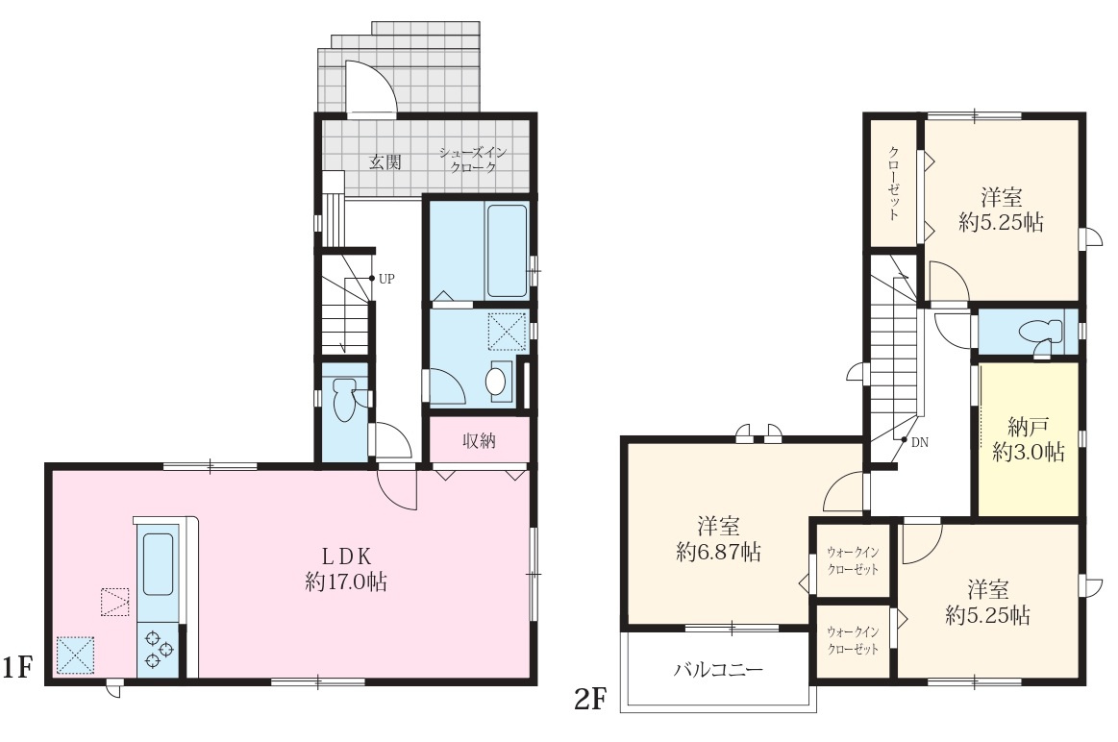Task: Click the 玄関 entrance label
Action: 385,161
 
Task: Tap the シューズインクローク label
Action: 473,160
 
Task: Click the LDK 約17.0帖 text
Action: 346,568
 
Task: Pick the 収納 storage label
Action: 479,440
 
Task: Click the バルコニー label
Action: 718,669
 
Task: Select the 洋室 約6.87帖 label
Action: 718,539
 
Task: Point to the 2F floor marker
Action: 589,700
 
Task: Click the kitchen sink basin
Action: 158,563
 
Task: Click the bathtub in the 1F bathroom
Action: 507,250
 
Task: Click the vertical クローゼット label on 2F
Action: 893,184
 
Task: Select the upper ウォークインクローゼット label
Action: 853,560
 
